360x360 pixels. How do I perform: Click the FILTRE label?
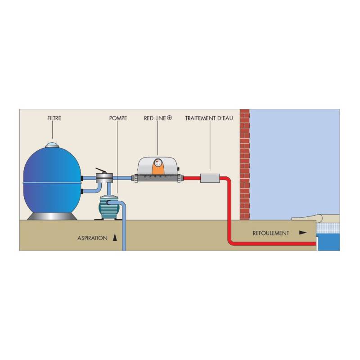(54, 118)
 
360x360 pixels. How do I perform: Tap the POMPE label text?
(118, 118)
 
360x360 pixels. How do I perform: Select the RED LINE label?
(155, 118)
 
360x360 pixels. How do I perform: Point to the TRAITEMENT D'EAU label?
(209, 118)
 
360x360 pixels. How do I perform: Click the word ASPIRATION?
(92, 238)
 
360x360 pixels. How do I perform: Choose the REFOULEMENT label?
(271, 233)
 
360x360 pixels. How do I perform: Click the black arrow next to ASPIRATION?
(115, 238)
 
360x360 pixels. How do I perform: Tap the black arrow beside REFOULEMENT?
(303, 233)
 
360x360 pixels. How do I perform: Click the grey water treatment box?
(210, 178)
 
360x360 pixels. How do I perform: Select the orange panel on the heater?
(158, 166)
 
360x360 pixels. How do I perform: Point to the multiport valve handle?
(101, 170)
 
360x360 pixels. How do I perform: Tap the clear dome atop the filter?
(53, 145)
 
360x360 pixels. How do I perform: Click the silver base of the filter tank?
(52, 216)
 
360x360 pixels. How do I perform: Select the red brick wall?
(245, 164)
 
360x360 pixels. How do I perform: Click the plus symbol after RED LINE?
(170, 118)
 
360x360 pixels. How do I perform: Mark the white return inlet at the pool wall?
(317, 243)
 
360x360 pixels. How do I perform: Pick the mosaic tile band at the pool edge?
(328, 228)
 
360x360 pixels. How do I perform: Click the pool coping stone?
(315, 217)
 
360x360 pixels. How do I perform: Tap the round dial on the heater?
(157, 163)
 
